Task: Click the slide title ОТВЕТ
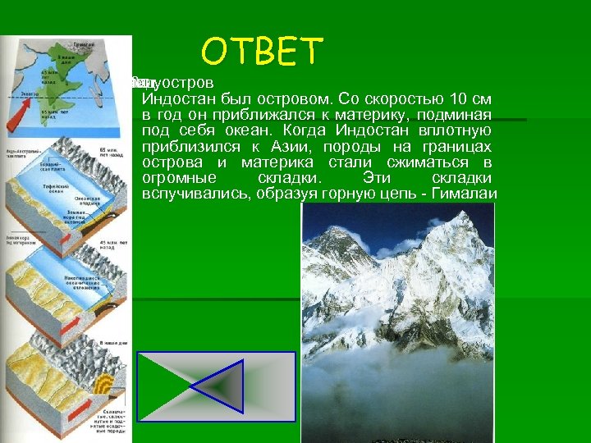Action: coord(263,51)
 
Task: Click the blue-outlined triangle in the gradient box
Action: coord(216,386)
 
